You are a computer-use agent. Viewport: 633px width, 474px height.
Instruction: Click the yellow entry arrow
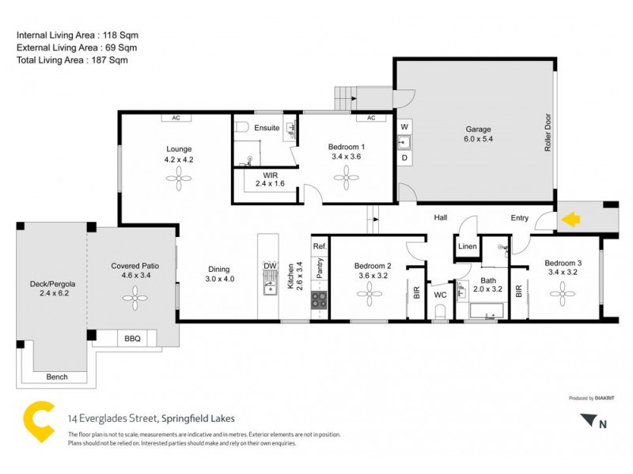pyautogui.click(x=568, y=218)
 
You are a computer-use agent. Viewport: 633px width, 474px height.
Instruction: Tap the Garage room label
pyautogui.click(x=478, y=129)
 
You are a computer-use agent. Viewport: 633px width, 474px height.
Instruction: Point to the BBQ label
pyautogui.click(x=132, y=339)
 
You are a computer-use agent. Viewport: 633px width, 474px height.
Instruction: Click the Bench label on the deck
pyautogui.click(x=56, y=377)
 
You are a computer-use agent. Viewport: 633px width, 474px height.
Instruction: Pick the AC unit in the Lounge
pyautogui.click(x=176, y=118)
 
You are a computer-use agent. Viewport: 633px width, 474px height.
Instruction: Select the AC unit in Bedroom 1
pyautogui.click(x=370, y=118)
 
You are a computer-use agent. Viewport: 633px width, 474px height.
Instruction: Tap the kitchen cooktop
pyautogui.click(x=319, y=299)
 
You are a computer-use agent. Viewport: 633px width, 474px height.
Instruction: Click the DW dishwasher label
pyautogui.click(x=270, y=265)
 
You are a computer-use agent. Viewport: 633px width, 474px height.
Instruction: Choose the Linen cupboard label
pyautogui.click(x=467, y=247)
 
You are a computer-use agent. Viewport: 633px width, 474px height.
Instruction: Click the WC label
pyautogui.click(x=441, y=296)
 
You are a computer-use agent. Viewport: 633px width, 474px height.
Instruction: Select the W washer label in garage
pyautogui.click(x=404, y=126)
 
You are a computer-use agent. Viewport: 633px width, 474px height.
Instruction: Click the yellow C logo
pyautogui.click(x=36, y=418)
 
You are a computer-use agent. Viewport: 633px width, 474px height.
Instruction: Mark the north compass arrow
pyautogui.click(x=587, y=422)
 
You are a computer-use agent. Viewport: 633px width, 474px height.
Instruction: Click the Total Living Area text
pyautogui.click(x=72, y=59)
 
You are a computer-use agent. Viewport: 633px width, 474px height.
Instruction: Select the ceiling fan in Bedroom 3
pyautogui.click(x=564, y=295)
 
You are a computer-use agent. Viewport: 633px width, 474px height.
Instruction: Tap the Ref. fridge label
pyautogui.click(x=320, y=246)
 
